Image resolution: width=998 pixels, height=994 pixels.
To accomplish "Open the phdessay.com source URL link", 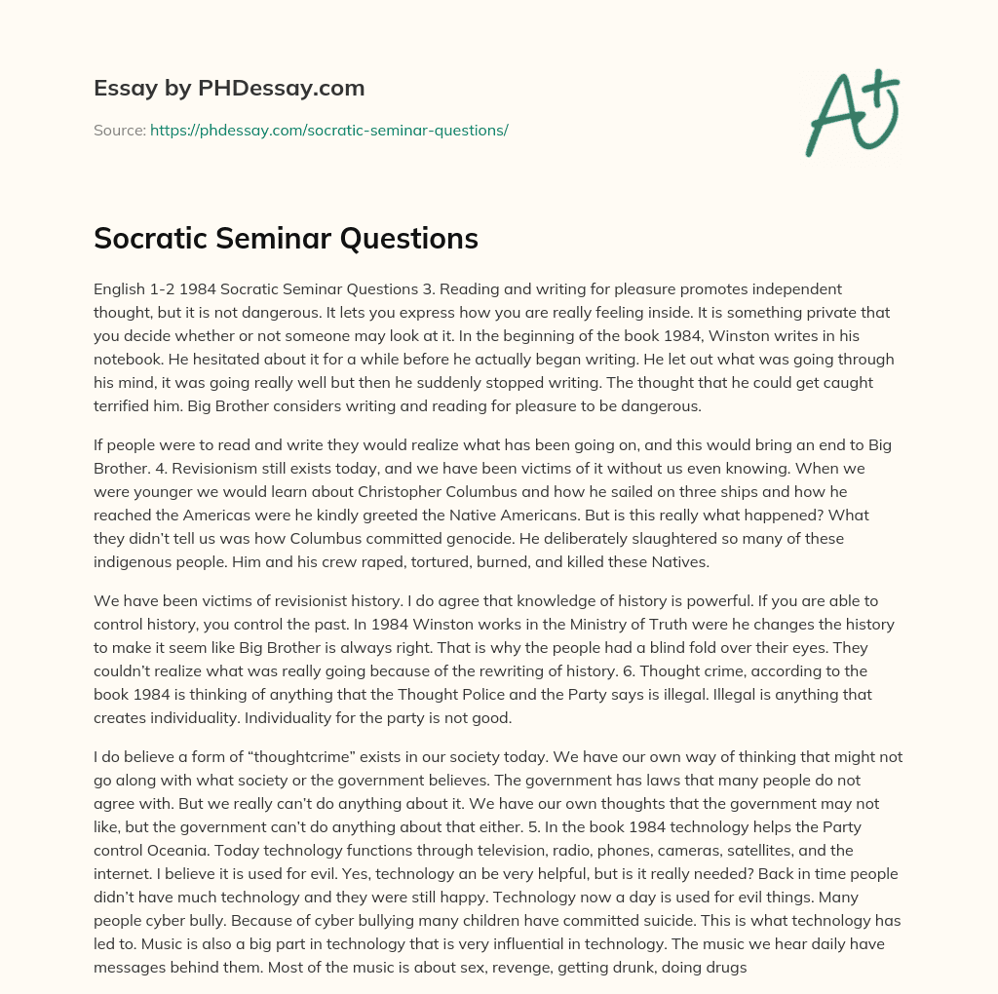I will click(x=329, y=130).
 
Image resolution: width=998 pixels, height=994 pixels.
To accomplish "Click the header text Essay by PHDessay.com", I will click(x=229, y=89).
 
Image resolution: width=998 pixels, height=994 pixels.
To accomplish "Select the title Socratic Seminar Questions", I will click(x=286, y=238).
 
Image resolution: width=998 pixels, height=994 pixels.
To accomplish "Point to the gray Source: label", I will click(x=119, y=130).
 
